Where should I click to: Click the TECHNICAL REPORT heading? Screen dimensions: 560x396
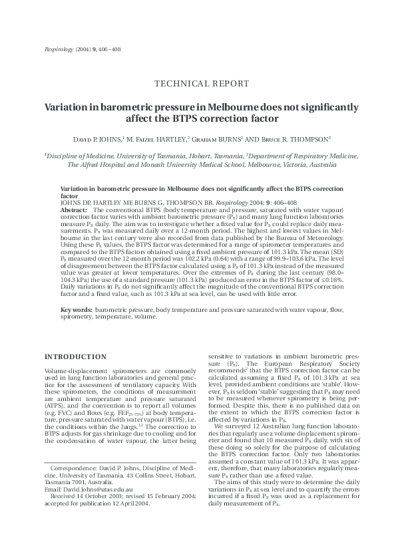point(202,84)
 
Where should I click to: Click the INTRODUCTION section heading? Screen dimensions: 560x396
point(71,356)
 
